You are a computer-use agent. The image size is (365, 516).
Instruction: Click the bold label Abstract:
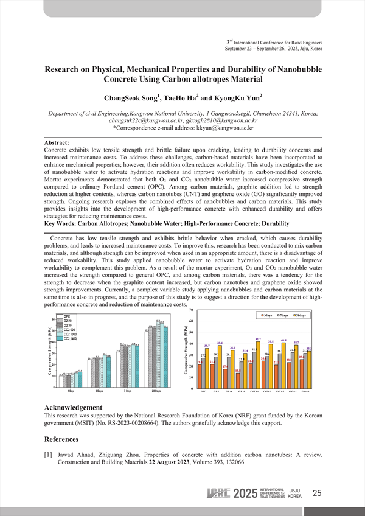click(61, 142)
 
